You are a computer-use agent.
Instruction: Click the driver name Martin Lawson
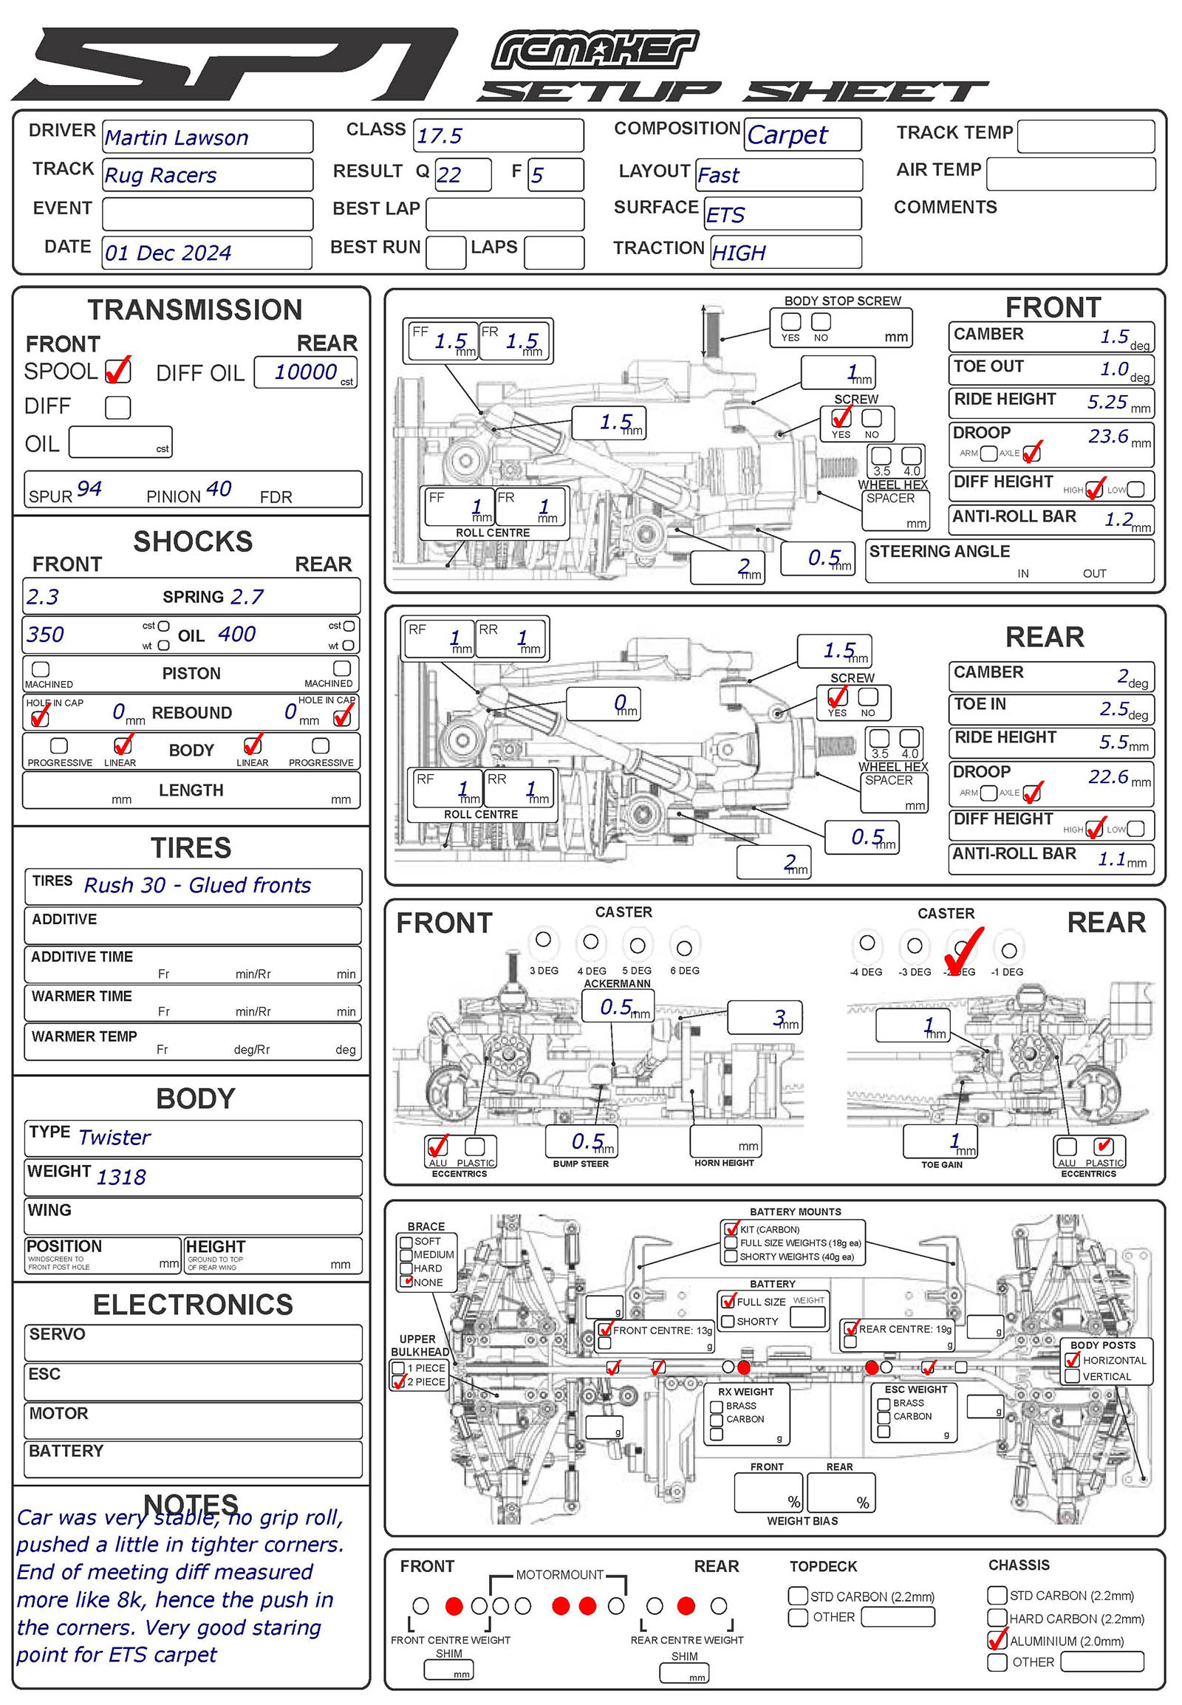(177, 137)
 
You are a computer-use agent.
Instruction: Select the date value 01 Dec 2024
(168, 253)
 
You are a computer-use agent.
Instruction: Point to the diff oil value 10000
(305, 372)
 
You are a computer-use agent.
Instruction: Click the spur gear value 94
(89, 489)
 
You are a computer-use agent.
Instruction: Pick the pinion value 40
(219, 489)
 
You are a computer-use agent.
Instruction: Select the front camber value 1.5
(1114, 337)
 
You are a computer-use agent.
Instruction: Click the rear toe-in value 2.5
(1114, 708)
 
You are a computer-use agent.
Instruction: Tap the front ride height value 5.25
(1107, 402)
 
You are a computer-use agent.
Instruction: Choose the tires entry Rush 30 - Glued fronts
(197, 885)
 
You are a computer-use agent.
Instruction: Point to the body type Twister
(114, 1138)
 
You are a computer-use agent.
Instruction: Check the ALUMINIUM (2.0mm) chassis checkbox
(997, 1641)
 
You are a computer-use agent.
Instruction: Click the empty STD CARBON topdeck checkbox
(798, 1596)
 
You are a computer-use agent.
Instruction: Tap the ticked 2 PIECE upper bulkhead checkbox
(398, 1381)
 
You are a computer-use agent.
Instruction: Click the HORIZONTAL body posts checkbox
(1072, 1360)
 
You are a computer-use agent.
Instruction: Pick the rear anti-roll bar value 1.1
(1111, 859)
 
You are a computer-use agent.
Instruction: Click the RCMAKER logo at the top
(595, 50)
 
